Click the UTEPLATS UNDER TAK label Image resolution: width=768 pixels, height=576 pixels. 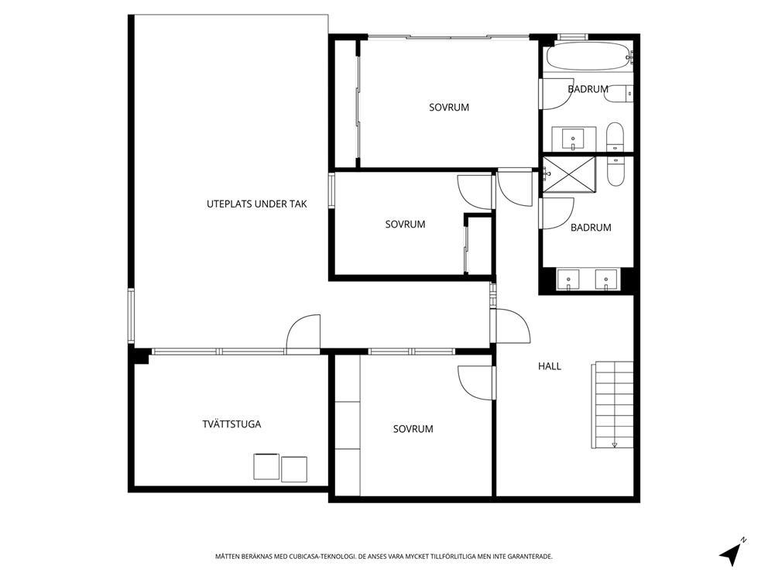[257, 204]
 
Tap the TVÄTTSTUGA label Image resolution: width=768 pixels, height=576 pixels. [231, 424]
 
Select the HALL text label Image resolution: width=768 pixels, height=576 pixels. [550, 366]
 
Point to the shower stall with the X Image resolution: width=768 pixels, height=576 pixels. [569, 174]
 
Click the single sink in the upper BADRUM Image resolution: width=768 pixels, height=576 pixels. [574, 139]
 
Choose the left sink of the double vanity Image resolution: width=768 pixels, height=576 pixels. [569, 279]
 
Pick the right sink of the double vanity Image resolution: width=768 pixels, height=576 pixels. [605, 279]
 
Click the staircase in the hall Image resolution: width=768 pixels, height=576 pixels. [614, 404]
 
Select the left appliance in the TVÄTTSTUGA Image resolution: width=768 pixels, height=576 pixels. [266, 467]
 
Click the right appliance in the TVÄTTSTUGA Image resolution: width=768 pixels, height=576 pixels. [294, 468]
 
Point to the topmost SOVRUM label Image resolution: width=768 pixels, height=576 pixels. [449, 108]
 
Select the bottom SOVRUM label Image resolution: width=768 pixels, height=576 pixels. [413, 429]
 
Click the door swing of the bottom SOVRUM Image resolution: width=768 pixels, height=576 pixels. [473, 381]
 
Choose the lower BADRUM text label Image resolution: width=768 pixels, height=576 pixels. [591, 228]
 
